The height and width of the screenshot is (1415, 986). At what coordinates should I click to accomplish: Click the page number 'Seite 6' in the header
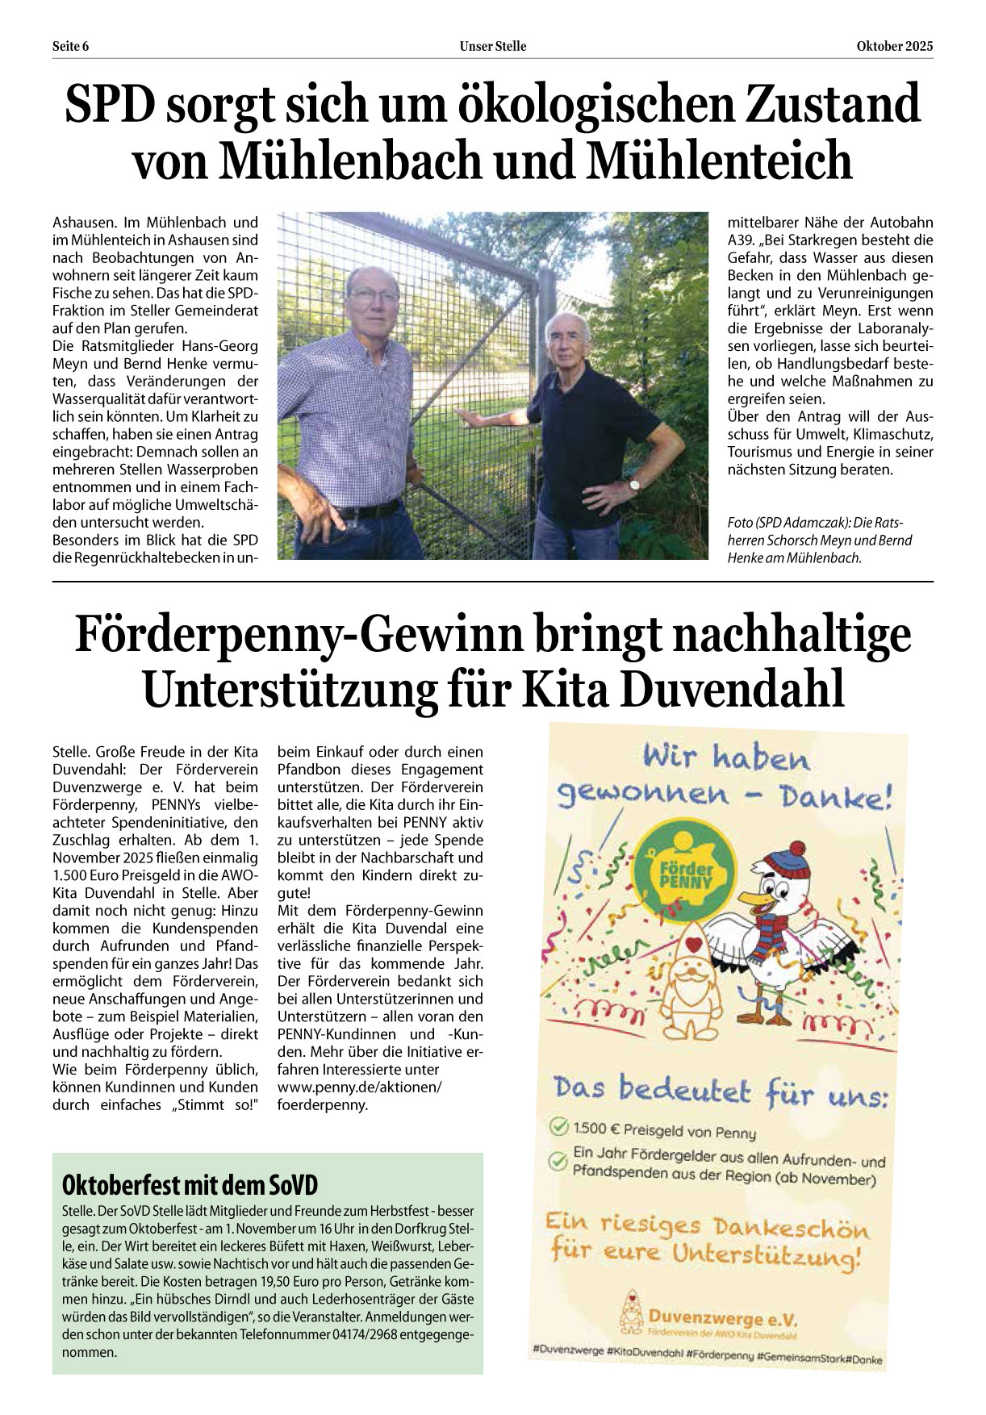[70, 47]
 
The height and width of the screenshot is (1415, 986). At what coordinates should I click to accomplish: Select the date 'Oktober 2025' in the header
[894, 47]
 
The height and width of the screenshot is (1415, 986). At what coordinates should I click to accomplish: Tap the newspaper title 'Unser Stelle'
[492, 47]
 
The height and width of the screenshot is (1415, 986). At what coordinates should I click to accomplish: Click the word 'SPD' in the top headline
[109, 106]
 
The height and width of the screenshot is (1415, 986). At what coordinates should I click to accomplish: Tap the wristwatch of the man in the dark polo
[634, 485]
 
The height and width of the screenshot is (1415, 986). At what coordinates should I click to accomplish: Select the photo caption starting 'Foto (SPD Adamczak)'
[819, 540]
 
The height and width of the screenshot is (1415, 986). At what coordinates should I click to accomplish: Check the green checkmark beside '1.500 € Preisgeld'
[558, 1125]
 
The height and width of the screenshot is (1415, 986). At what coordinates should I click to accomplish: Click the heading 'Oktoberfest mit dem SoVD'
[190, 1185]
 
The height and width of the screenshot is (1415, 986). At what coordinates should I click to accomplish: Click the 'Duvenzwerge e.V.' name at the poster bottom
[722, 1318]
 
